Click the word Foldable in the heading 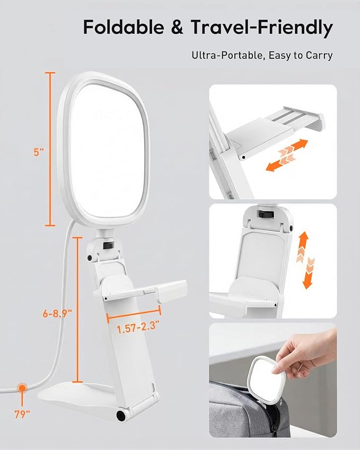tap(124, 27)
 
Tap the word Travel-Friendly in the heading tap(261, 28)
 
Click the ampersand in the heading tap(177, 27)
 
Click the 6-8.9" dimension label tap(57, 313)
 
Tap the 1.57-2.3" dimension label tap(138, 328)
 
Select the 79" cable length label tap(22, 414)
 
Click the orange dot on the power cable tap(22, 389)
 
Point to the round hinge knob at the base tap(121, 415)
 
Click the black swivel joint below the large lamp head tap(108, 245)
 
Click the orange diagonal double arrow tap(287, 155)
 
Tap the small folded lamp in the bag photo tap(266, 376)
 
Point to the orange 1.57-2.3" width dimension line tap(134, 314)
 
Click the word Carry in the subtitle tap(319, 56)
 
